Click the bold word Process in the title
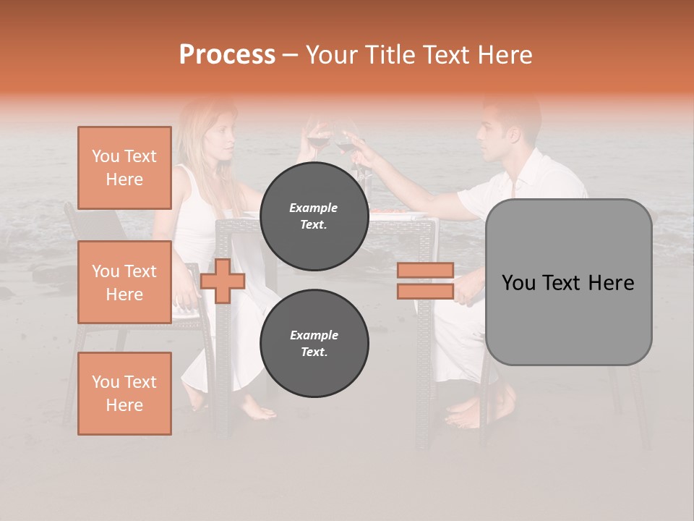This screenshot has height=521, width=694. [227, 54]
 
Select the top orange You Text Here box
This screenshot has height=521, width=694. [124, 168]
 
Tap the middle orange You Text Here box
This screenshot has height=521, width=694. [124, 282]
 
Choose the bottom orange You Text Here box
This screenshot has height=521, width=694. [124, 394]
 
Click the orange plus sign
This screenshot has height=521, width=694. [223, 281]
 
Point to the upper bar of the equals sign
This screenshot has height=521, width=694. [425, 271]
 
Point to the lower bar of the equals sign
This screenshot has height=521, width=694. [425, 291]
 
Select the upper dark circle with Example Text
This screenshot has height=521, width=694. [314, 216]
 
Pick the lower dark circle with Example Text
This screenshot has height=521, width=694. [314, 344]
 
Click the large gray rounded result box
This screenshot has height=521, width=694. [568, 282]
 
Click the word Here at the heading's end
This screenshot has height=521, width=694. [504, 54]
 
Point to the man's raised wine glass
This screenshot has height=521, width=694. [346, 145]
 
